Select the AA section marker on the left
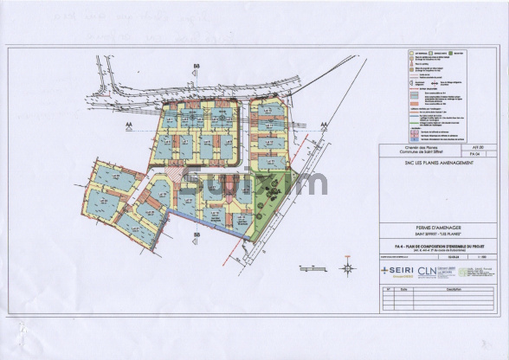131,125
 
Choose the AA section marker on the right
323,125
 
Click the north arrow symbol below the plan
347,267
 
